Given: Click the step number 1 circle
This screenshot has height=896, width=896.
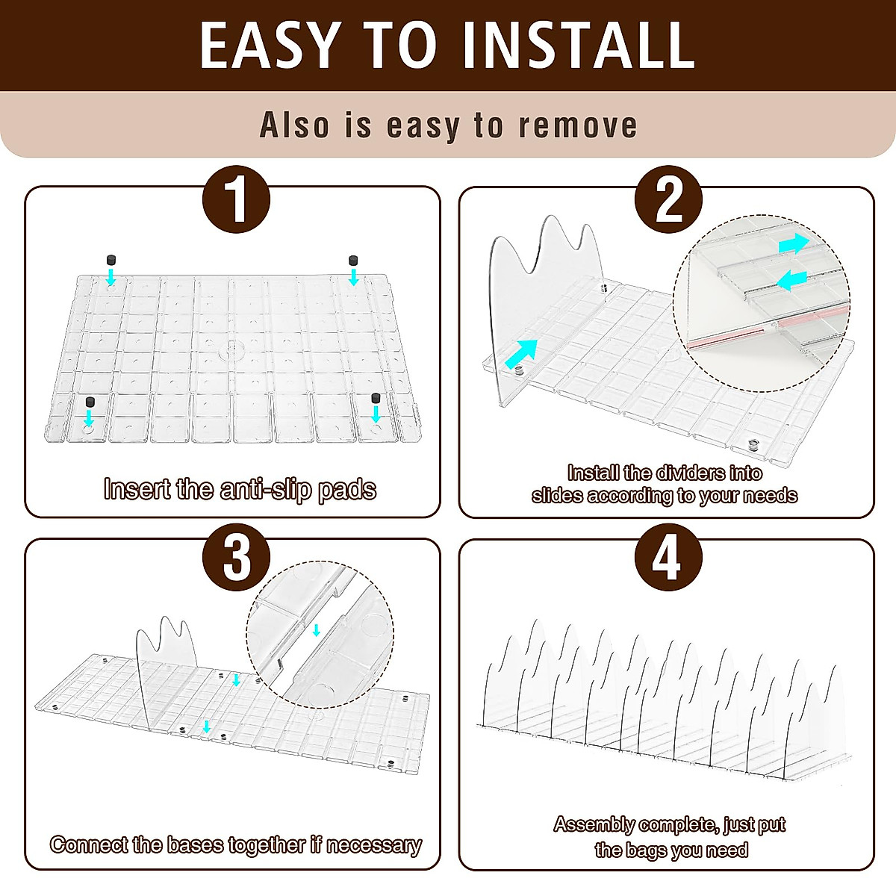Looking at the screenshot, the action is pos(236,199).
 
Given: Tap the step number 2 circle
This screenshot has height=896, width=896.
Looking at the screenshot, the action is pos(668,199).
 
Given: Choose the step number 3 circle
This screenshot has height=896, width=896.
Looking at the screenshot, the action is pos(236,557).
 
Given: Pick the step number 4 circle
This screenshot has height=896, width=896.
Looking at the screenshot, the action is pos(668,557).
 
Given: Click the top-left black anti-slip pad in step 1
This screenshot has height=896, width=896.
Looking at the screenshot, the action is pos(111,259).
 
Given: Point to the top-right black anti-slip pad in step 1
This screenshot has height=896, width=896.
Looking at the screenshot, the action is pos(353,259).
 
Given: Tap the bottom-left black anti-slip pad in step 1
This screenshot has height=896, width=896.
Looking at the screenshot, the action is pos(90,402).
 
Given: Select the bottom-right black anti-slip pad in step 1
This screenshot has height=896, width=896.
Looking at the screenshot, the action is pos(376,399).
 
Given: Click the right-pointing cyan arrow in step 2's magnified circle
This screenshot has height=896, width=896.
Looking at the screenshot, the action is pos(794,243).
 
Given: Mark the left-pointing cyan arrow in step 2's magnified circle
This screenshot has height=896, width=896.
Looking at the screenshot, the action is pos(791,281).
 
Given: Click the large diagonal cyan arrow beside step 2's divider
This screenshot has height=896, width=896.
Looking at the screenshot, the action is pos(520,354).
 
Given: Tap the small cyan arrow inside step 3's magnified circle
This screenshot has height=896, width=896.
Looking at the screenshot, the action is pos(316,630).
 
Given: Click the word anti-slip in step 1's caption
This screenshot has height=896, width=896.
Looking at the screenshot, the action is pos(265,491).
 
